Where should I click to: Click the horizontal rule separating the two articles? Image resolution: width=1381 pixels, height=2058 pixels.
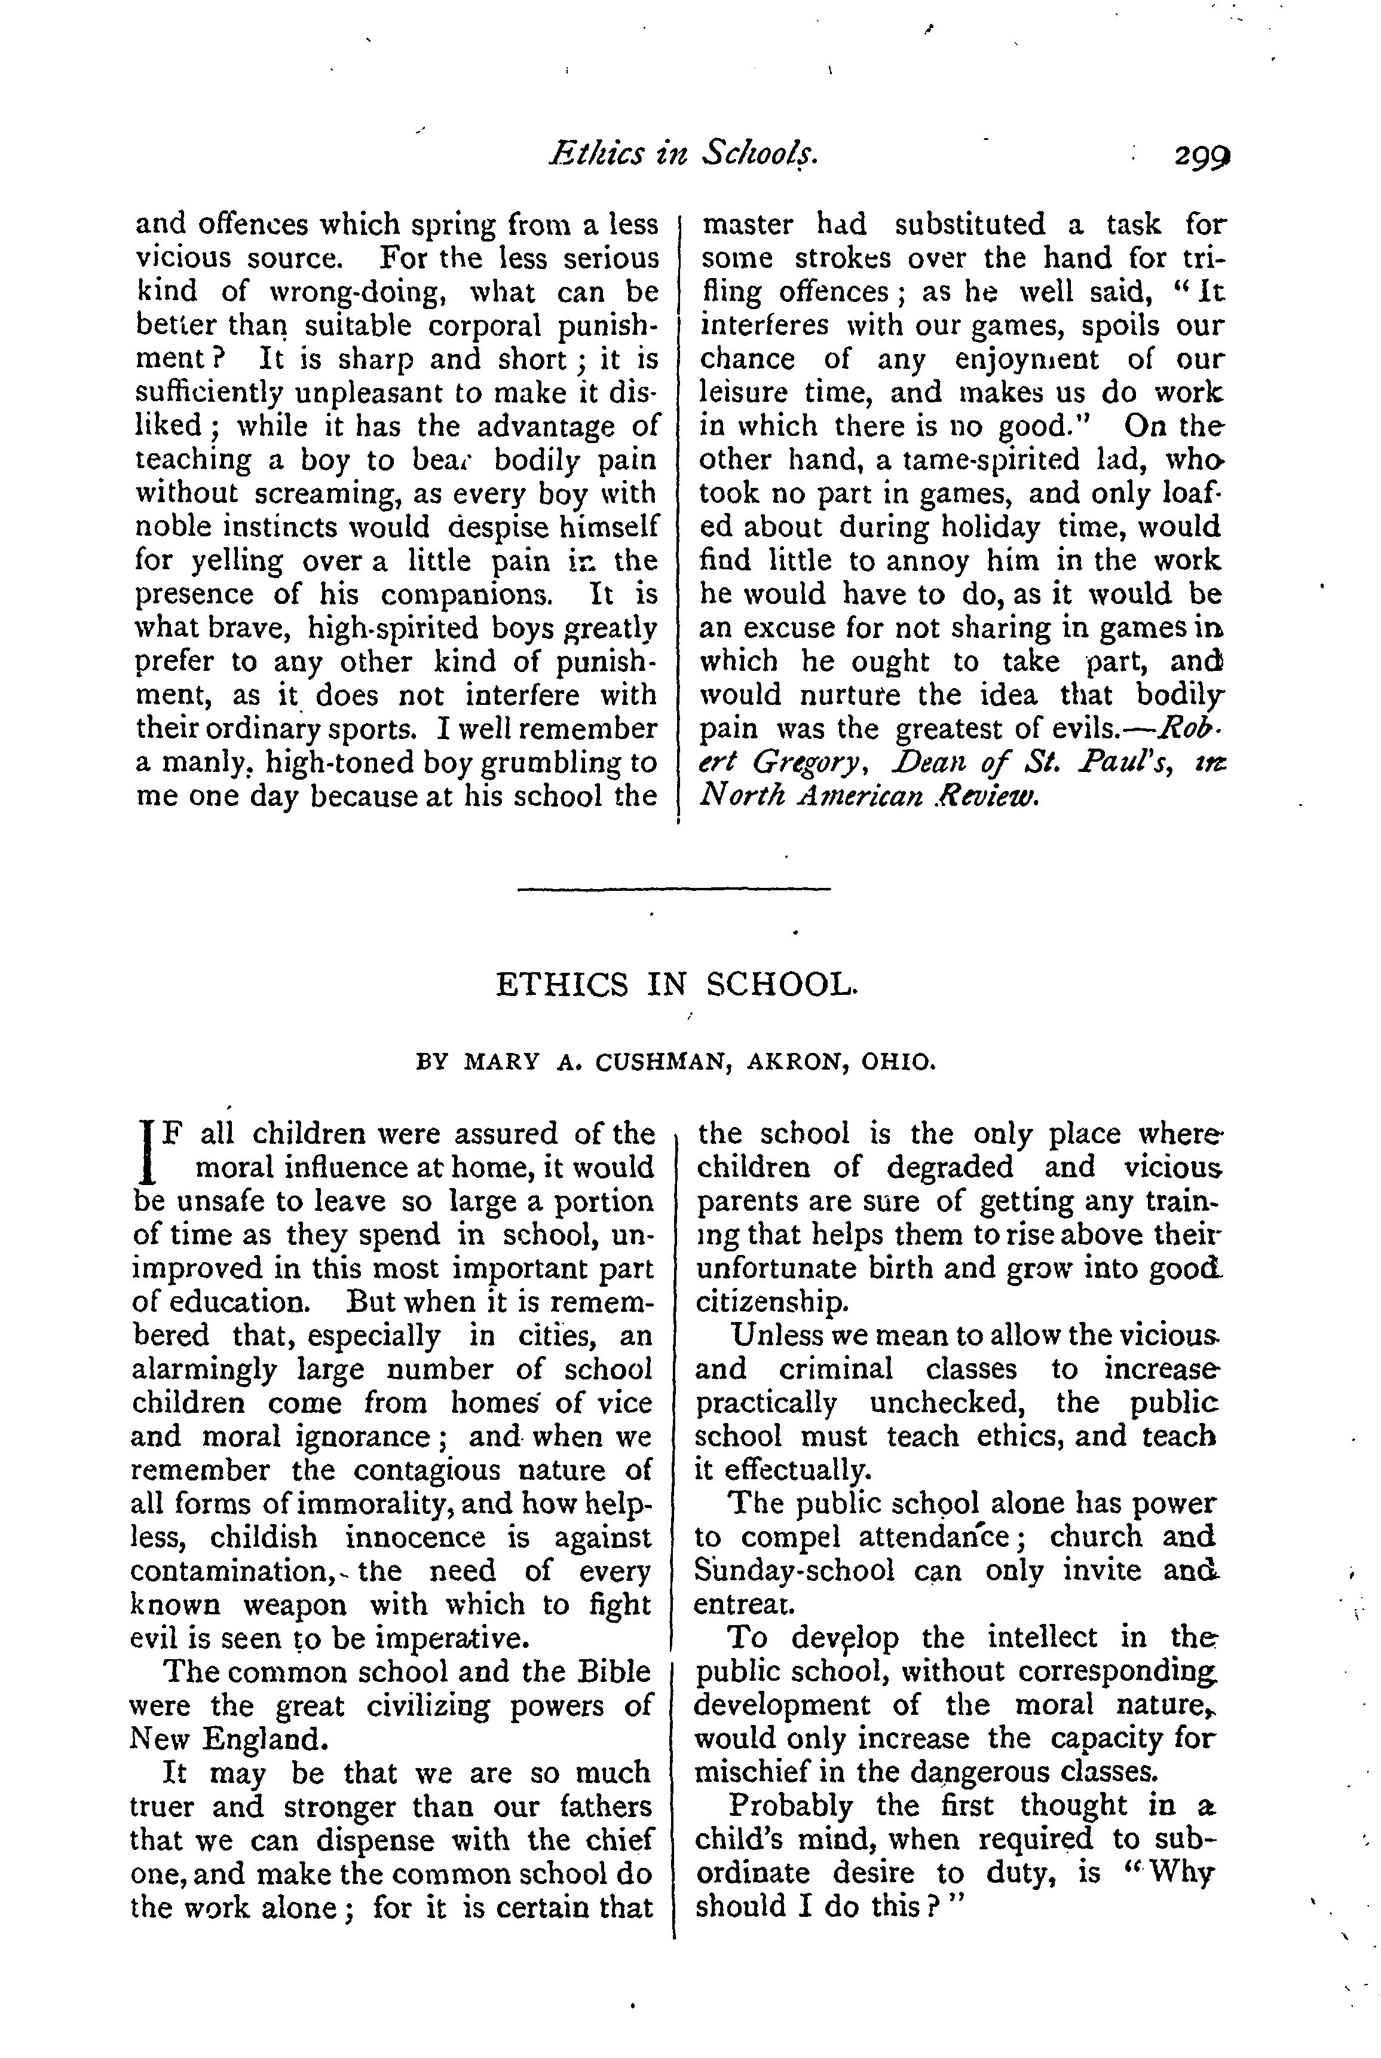[x=673, y=888]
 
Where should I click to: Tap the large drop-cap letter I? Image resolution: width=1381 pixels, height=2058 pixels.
[x=148, y=1150]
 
